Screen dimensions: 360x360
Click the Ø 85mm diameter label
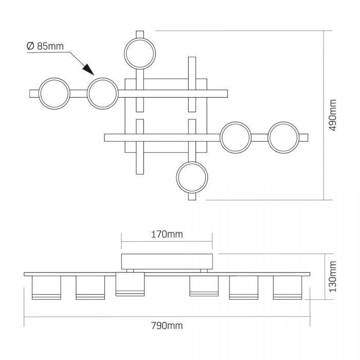pyautogui.click(x=45, y=46)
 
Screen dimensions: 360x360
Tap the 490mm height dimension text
pyautogui.click(x=332, y=115)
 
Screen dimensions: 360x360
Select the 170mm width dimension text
pyautogui.click(x=167, y=235)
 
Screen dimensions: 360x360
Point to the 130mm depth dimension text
pyautogui.click(x=332, y=277)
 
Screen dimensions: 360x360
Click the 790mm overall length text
pyautogui.click(x=167, y=326)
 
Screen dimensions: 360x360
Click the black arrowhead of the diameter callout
pyautogui.click(x=88, y=69)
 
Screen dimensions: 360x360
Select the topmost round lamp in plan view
pyautogui.click(x=140, y=53)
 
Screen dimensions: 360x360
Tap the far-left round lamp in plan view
pyautogui.click(x=54, y=94)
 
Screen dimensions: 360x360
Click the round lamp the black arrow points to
pyautogui.click(x=103, y=94)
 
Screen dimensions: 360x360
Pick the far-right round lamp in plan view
pyautogui.click(x=283, y=137)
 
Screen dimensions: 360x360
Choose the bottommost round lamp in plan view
pyautogui.click(x=192, y=177)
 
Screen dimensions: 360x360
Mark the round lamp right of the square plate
pyautogui.click(x=236, y=137)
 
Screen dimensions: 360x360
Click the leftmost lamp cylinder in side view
pyautogui.click(x=46, y=287)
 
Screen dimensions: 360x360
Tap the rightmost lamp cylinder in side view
pyautogui.click(x=287, y=287)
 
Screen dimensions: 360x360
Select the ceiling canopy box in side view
pyautogui.click(x=167, y=261)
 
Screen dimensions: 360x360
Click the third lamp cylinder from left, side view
pyautogui.click(x=130, y=284)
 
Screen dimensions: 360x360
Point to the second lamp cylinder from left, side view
pyautogui.click(x=90, y=287)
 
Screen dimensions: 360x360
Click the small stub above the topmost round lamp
pyautogui.click(x=140, y=34)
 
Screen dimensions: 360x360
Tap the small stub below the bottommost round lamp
pyautogui.click(x=192, y=196)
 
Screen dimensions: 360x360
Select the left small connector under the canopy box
pyautogui.click(x=130, y=271)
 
